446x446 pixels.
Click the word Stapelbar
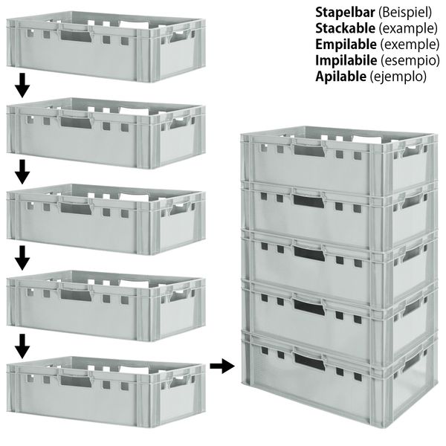point(345,12)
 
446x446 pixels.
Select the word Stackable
point(345,28)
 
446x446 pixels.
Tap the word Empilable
point(346,45)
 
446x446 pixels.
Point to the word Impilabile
point(346,60)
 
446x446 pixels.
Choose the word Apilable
point(341,77)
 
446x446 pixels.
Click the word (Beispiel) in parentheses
point(405,13)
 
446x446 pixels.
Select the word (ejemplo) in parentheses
point(398,77)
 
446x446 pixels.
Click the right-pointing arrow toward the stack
point(222,366)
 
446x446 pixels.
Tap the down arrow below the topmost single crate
point(22,85)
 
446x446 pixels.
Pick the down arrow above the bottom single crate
point(22,346)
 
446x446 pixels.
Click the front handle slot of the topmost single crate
point(76,36)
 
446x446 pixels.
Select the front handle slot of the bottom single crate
point(76,381)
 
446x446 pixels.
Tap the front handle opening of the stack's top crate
point(309,150)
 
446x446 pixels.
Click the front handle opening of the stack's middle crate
point(309,253)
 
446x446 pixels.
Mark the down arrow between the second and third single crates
point(22,172)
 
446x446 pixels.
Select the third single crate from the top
point(106,219)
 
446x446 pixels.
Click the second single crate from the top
point(106,133)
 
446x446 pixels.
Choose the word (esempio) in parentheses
point(410,61)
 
